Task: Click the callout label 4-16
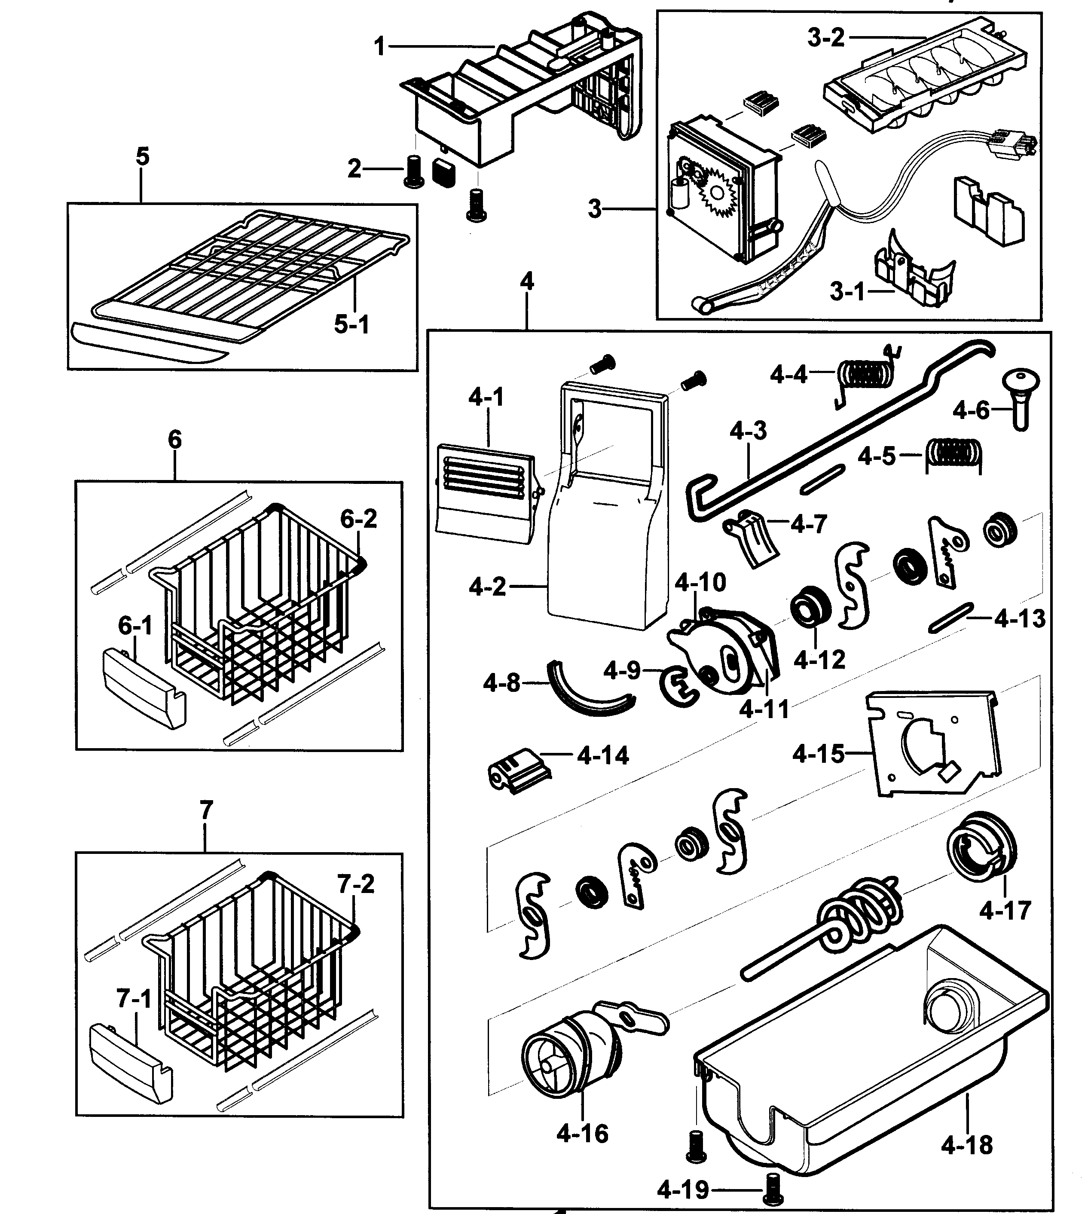(x=581, y=1133)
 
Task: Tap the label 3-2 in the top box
(x=825, y=38)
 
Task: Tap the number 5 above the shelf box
(x=142, y=157)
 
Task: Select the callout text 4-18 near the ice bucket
(x=966, y=1145)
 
